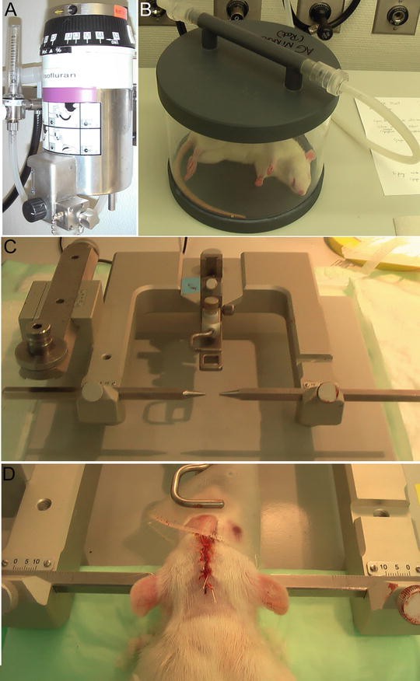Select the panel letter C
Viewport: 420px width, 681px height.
11,249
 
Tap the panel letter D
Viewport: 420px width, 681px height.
11,473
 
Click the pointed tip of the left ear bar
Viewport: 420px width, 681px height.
201,394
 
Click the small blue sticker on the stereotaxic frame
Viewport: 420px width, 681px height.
190,285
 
